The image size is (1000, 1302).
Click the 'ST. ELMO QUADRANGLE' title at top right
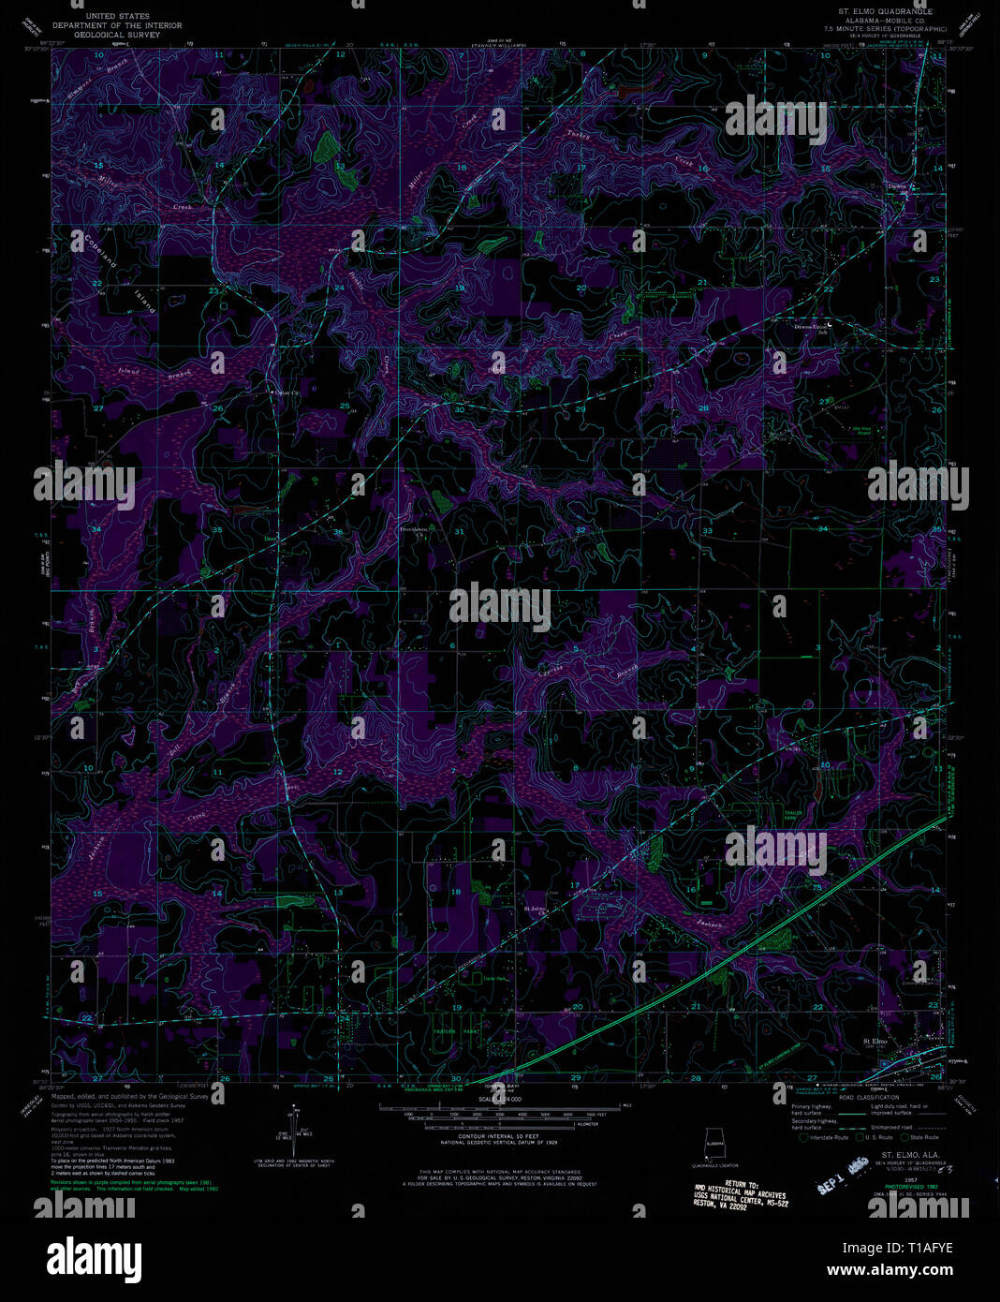[x=878, y=12]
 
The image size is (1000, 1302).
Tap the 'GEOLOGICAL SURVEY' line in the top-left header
[x=117, y=34]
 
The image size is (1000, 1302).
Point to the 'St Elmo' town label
[x=875, y=1041]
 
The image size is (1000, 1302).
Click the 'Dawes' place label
[x=897, y=185]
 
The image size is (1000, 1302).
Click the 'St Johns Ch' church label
[x=534, y=908]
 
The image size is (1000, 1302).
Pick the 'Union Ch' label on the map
[x=283, y=393]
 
